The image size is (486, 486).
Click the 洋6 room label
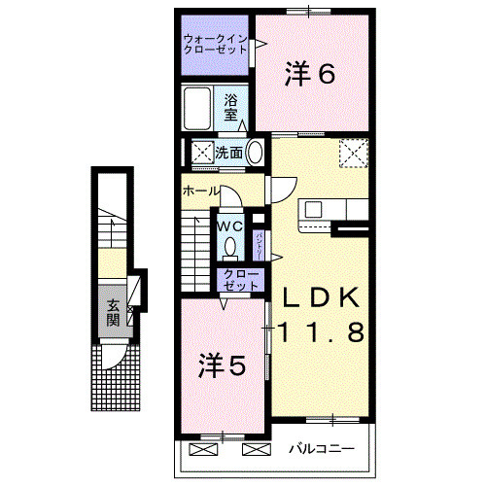[310, 73]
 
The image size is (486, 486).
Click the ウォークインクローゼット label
[213, 45]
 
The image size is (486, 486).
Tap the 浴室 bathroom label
[231, 106]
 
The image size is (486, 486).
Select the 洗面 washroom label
[228, 153]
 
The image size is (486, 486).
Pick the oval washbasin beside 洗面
[254, 153]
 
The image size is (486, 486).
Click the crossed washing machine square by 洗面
[201, 153]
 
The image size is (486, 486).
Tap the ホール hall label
[200, 191]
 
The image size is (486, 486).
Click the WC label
[229, 226]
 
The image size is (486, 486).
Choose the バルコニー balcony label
[320, 449]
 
